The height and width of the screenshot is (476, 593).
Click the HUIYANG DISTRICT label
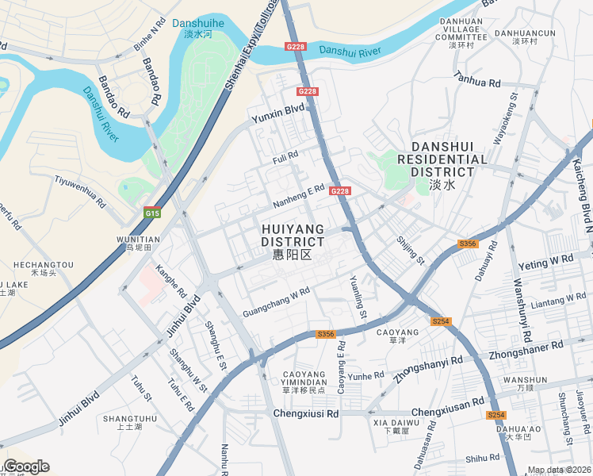tap(293, 236)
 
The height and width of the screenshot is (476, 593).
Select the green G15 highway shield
tap(152, 213)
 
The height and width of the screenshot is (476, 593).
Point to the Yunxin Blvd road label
tap(278, 113)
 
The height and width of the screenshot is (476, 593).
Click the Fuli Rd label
tap(285, 156)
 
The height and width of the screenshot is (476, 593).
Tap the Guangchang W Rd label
tap(276, 302)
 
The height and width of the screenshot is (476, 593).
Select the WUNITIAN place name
tap(138, 239)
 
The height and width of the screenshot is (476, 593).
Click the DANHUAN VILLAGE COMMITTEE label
tap(461, 33)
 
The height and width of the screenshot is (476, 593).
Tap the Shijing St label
tap(411, 249)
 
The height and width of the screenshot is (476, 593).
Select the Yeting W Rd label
tap(545, 261)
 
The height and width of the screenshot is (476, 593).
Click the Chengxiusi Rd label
tap(305, 413)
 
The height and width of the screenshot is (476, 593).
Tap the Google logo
tap(26, 466)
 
